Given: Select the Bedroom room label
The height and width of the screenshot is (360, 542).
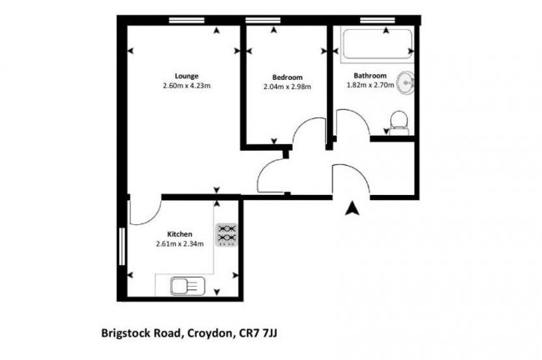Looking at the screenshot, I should pyautogui.click(x=287, y=76).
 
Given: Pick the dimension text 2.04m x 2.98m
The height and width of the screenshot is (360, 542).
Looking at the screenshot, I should pyautogui.click(x=287, y=86).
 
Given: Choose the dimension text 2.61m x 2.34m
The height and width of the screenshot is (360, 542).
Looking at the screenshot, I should pyautogui.click(x=180, y=244).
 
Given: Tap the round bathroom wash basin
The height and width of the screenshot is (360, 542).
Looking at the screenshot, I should pyautogui.click(x=407, y=83).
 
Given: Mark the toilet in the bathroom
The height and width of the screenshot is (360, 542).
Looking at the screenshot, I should pyautogui.click(x=399, y=122).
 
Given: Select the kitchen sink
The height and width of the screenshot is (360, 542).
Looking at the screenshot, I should pyautogui.click(x=184, y=287).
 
